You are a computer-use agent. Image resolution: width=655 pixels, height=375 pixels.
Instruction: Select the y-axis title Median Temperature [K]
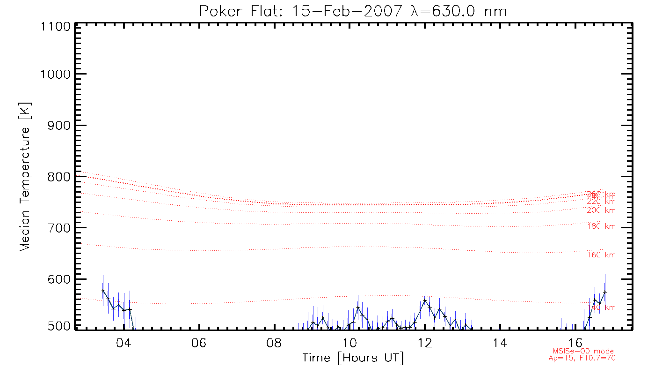point(25,177)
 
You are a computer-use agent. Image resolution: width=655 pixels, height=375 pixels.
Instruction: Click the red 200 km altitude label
point(601,210)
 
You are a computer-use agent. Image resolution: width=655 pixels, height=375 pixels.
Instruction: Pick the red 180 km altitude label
point(601,227)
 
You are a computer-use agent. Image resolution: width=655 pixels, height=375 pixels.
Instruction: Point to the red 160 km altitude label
point(601,255)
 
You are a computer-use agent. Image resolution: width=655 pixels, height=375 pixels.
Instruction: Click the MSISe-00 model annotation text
point(584,351)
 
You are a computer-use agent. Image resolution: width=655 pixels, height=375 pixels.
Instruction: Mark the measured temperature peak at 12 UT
point(425,300)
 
